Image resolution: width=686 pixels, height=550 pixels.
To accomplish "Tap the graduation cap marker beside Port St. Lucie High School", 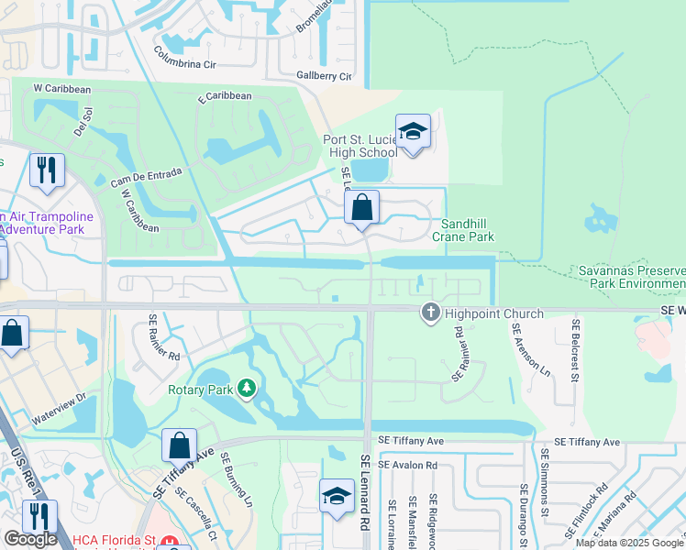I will click(x=413, y=132).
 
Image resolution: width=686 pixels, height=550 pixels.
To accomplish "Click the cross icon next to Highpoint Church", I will click(x=429, y=313).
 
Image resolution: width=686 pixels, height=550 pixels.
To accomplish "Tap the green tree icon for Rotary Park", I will click(x=246, y=389).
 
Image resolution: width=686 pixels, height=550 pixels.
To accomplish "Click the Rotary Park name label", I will click(x=200, y=389).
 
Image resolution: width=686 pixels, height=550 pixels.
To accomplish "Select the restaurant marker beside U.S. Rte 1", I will click(x=39, y=518).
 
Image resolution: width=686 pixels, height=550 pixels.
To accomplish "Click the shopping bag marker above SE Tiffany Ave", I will click(x=179, y=446).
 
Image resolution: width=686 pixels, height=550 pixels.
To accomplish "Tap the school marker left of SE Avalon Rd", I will click(x=337, y=498).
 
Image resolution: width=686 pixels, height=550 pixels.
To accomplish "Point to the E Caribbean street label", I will click(x=224, y=95).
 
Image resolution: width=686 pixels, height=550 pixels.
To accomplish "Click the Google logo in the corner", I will click(x=30, y=539).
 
